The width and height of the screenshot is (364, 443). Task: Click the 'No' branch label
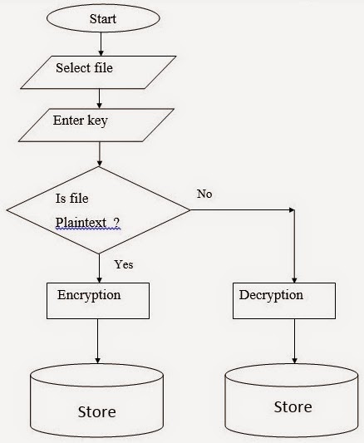coord(204,194)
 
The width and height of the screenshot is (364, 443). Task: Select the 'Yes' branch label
coord(122,265)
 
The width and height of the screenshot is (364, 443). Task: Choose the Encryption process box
coord(98,300)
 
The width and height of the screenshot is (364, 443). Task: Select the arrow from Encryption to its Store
coord(99,341)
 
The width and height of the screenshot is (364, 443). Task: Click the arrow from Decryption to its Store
coord(294,341)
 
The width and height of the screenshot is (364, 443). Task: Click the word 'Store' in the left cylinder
coord(96,411)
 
